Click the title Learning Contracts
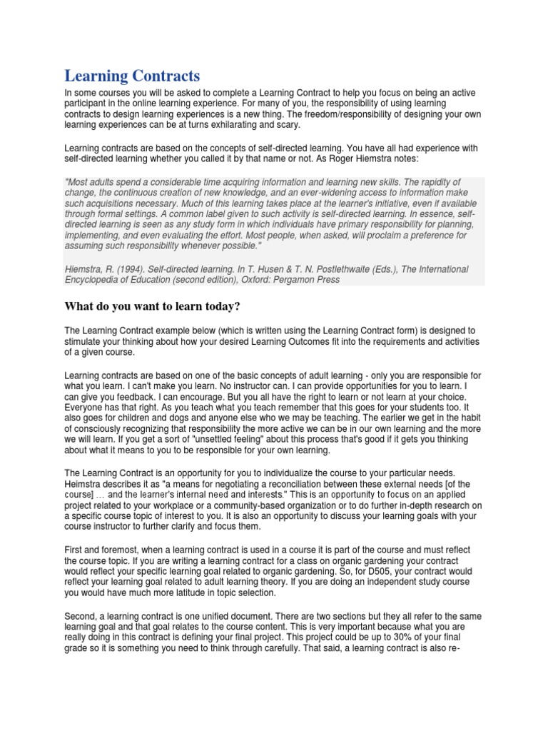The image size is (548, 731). (x=132, y=76)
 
